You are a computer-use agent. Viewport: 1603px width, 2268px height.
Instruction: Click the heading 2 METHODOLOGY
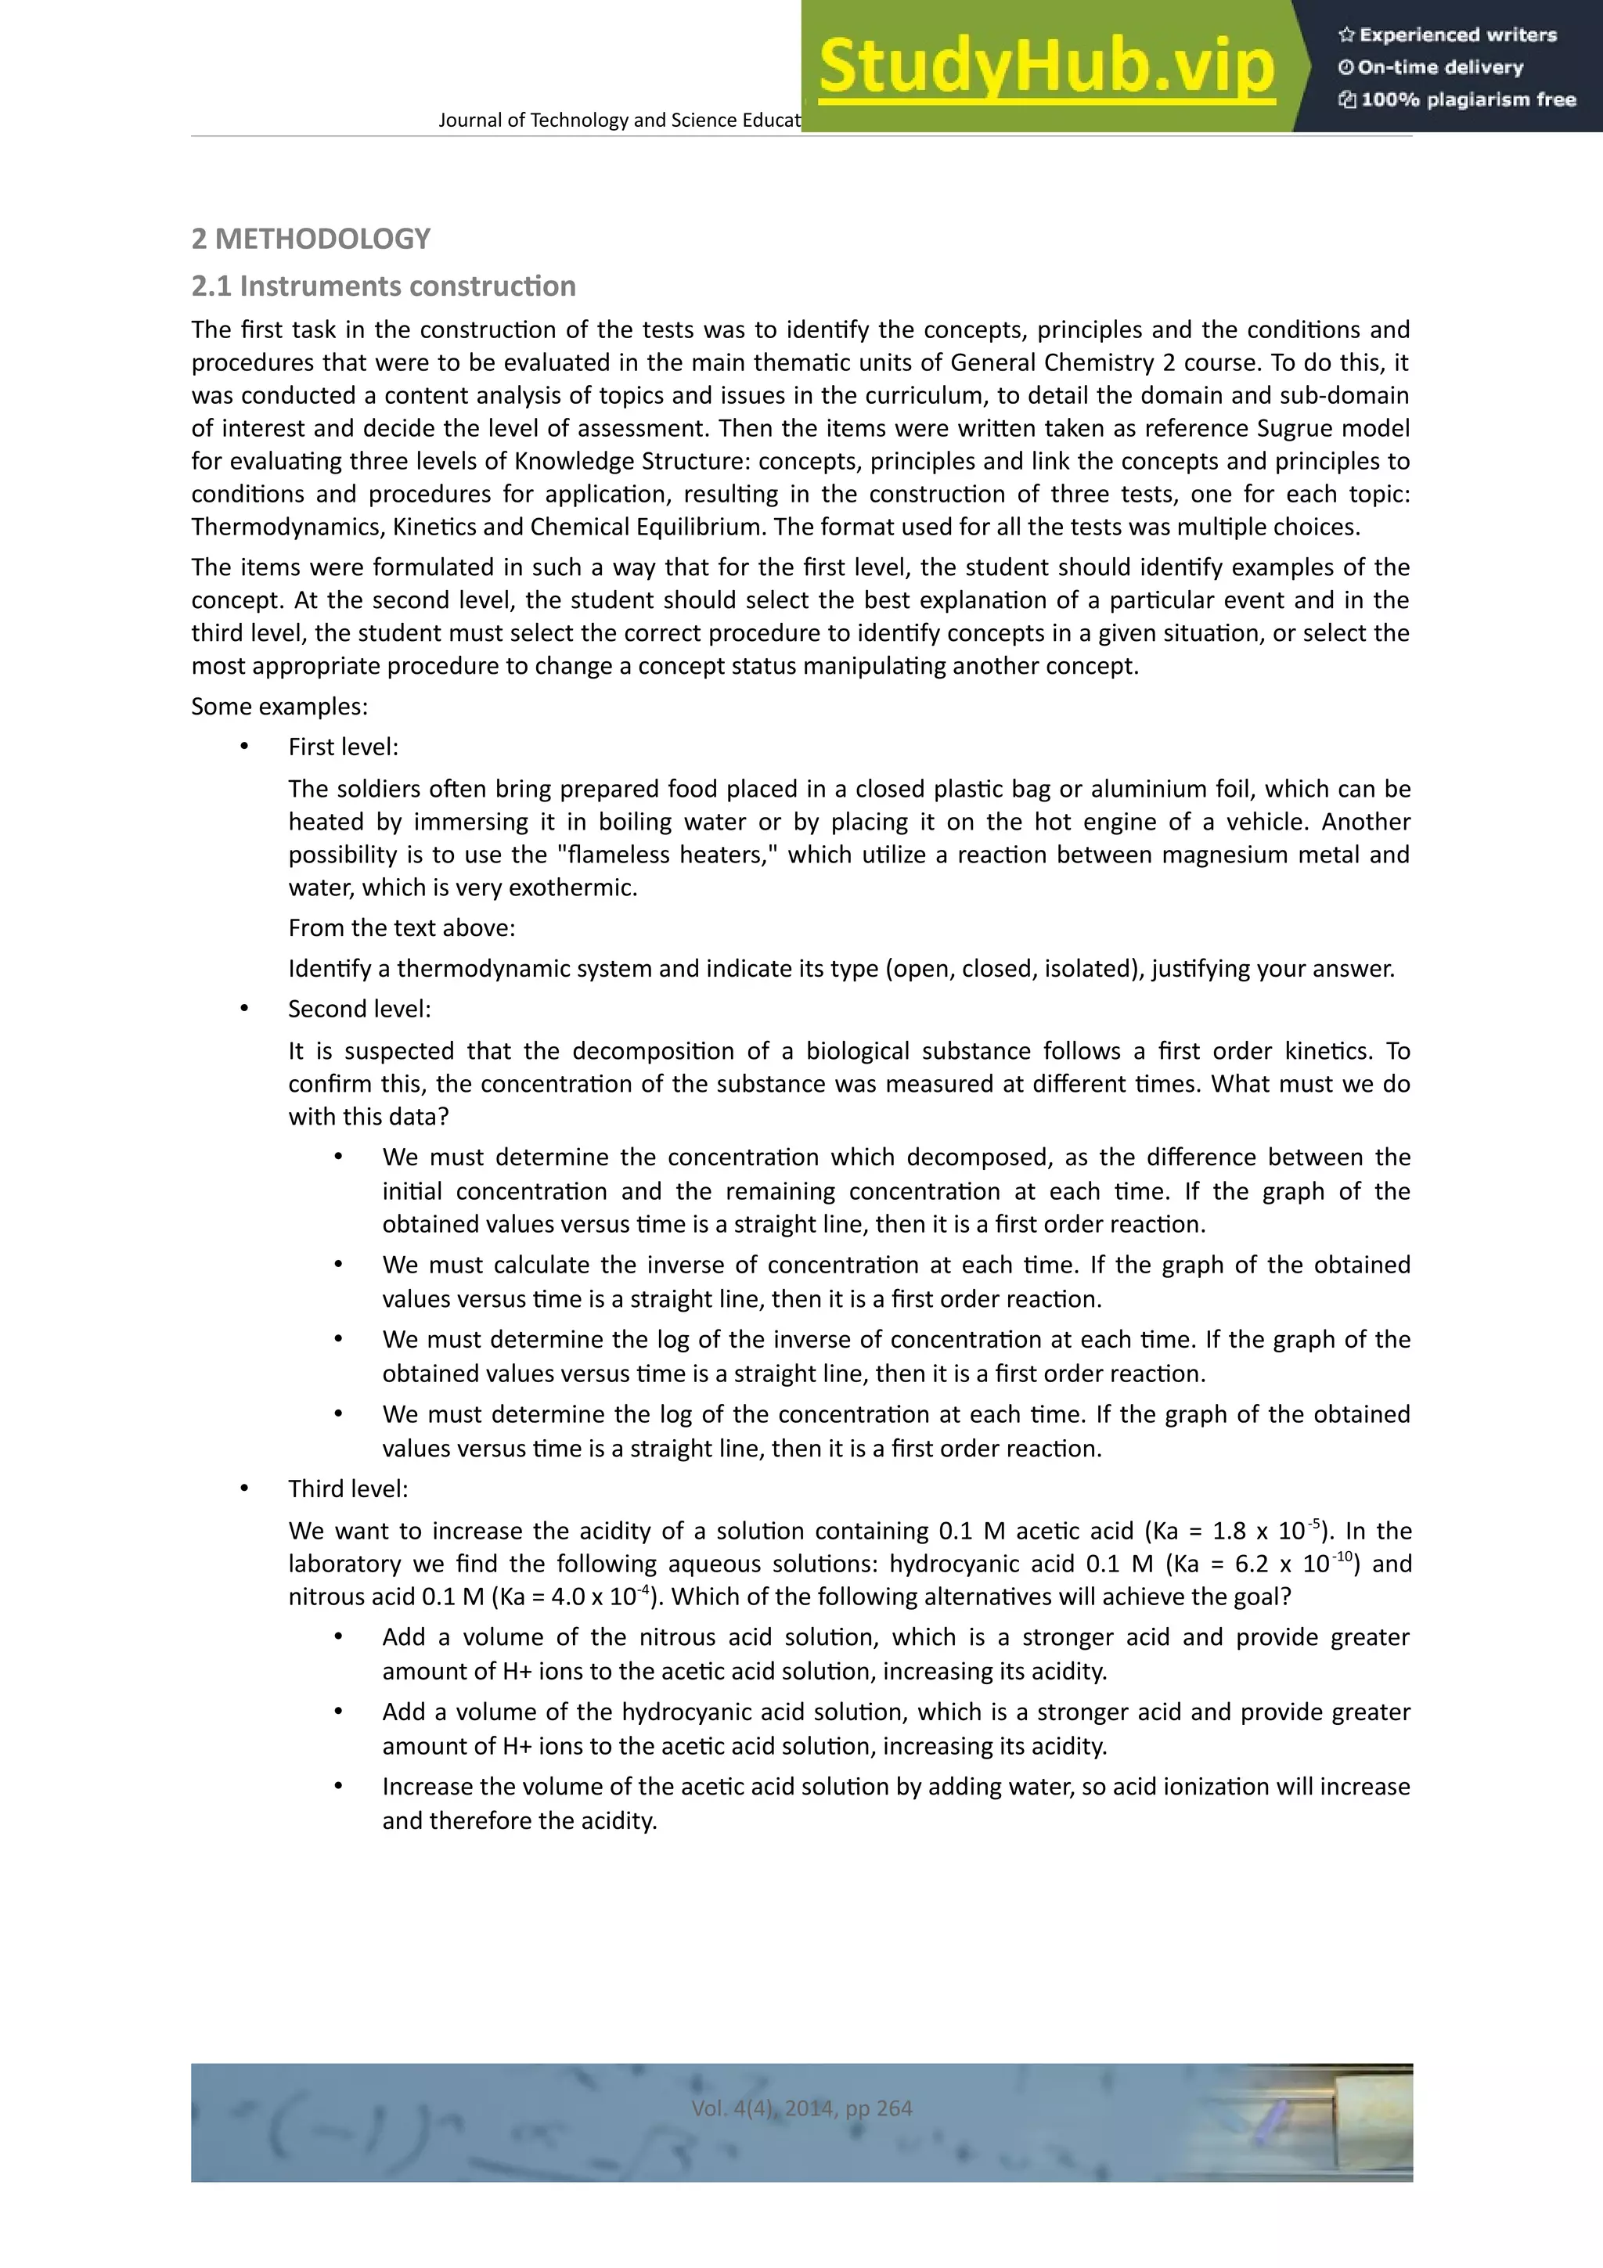click(311, 239)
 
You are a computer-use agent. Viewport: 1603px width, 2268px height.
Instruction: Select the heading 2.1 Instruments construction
click(384, 286)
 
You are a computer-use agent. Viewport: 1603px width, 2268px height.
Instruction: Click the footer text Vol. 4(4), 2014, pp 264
click(801, 2108)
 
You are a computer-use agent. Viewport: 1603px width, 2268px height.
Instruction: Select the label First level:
click(343, 747)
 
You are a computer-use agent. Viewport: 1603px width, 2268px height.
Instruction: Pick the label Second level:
click(359, 1010)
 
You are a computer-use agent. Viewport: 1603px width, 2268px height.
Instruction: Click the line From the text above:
click(401, 928)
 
